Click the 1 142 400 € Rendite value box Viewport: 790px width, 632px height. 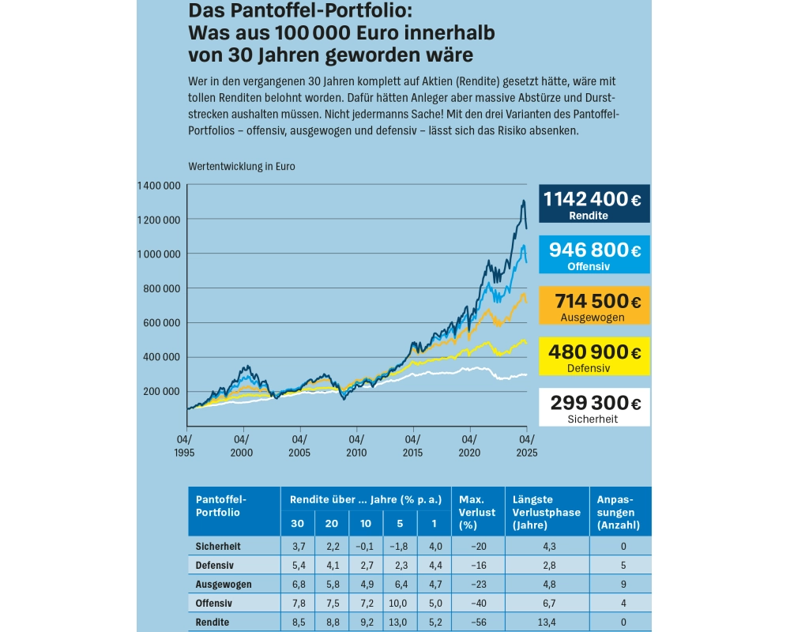(594, 204)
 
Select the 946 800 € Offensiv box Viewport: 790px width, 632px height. (594, 255)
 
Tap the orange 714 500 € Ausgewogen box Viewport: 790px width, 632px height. (594, 306)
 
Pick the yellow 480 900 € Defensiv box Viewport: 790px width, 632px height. (594, 356)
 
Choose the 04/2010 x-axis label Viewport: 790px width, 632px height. (356, 446)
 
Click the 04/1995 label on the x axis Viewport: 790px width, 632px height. (184, 446)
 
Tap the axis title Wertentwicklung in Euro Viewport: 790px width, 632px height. (241, 167)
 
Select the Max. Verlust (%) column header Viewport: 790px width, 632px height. (477, 512)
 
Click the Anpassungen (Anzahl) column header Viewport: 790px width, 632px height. (619, 512)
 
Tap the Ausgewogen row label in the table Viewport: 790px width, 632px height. (224, 585)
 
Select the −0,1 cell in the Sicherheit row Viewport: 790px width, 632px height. (367, 547)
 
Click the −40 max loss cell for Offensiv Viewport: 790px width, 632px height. (477, 604)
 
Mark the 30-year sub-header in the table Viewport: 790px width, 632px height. (297, 524)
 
